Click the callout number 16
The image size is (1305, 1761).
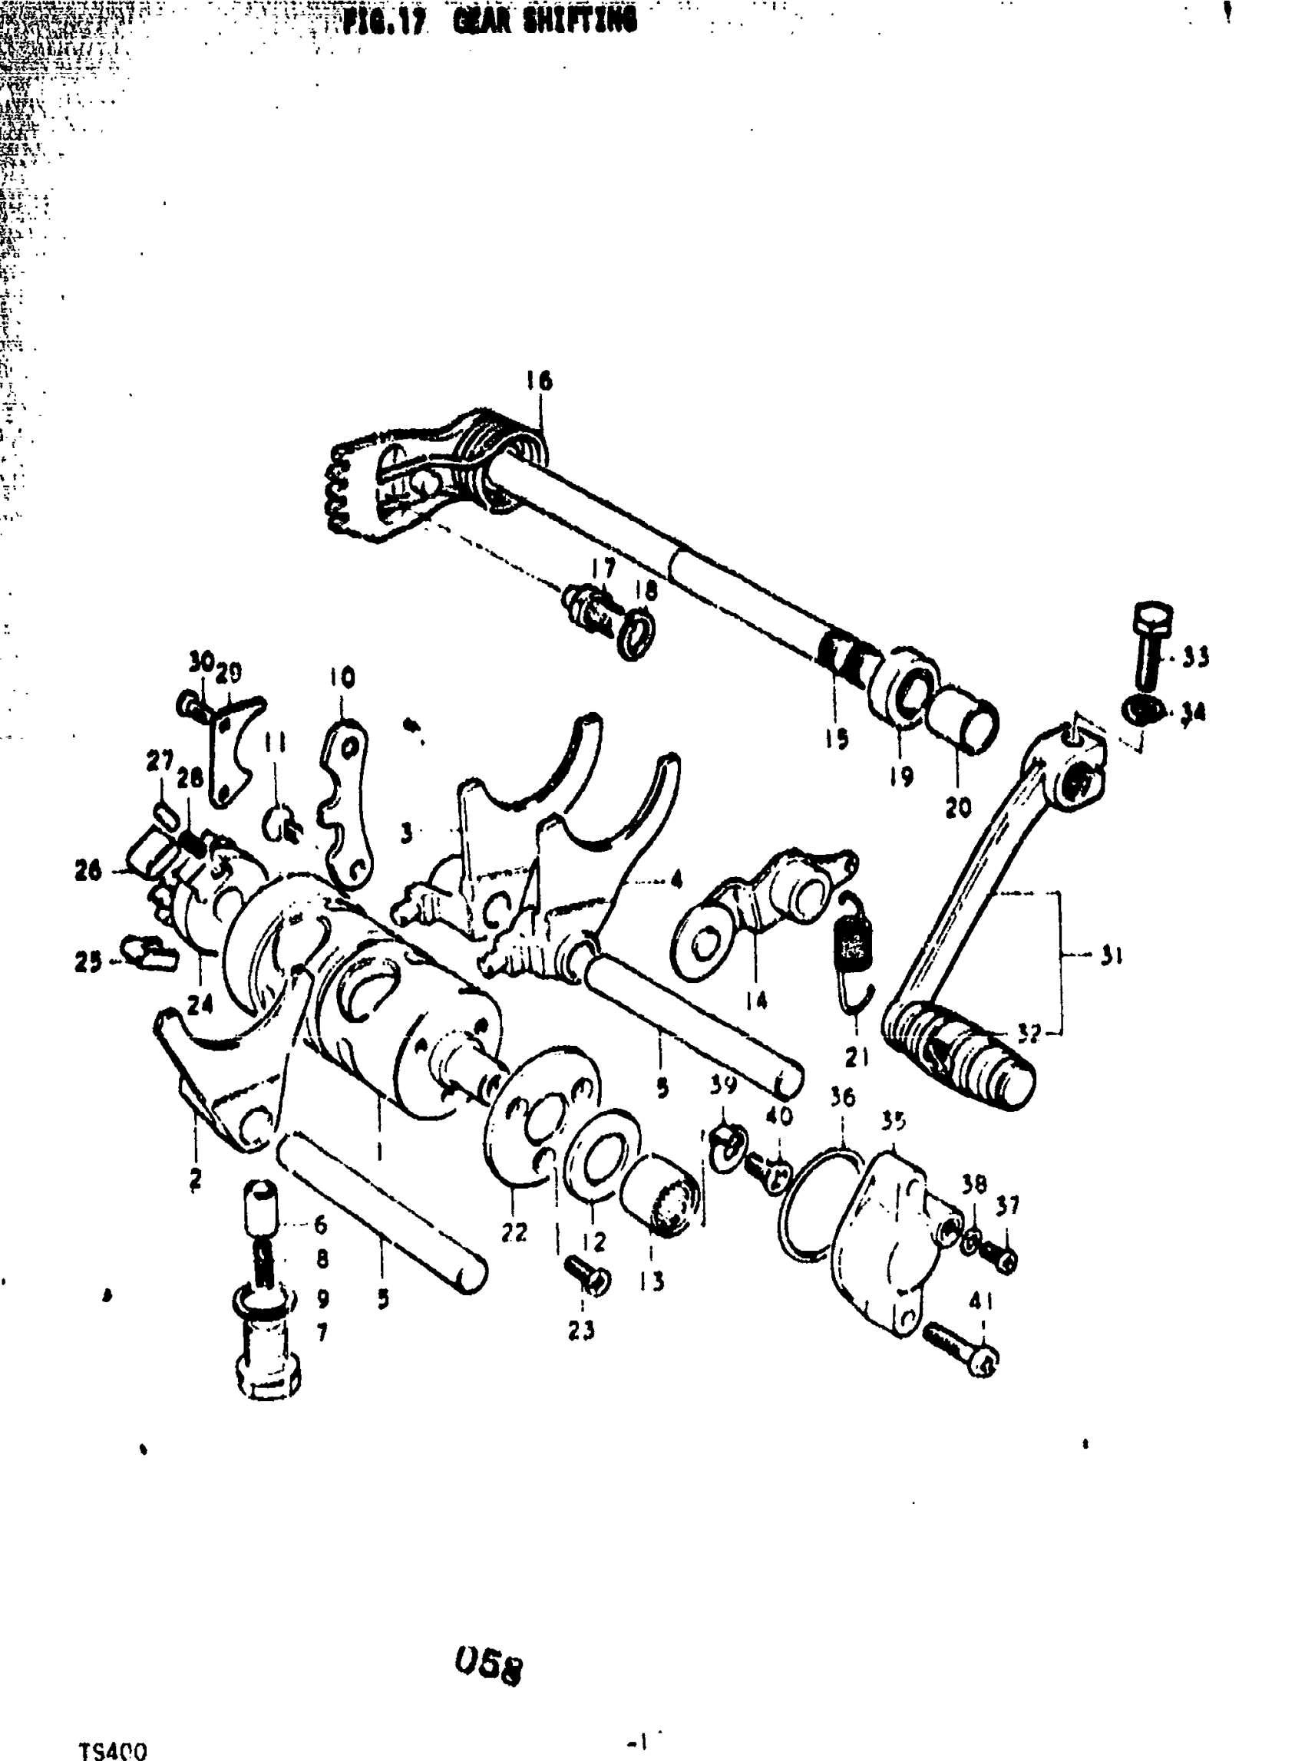(x=540, y=381)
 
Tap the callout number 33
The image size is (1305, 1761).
(x=1196, y=657)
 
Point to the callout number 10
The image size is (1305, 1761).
(x=342, y=678)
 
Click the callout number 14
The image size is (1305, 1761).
(x=756, y=1001)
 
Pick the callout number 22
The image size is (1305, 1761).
(x=514, y=1232)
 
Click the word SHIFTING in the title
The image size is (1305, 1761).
(x=544, y=23)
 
